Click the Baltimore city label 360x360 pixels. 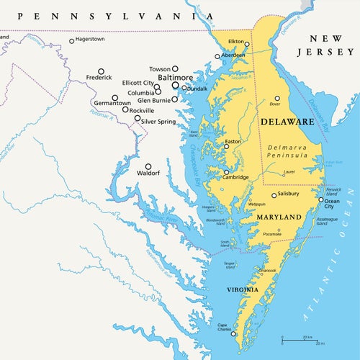pos(176,77)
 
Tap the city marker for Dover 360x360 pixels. pos(276,98)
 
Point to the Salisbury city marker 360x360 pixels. pos(274,195)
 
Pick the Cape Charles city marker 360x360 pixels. pos(233,333)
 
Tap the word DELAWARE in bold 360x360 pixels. pos(287,122)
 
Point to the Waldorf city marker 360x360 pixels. pos(148,166)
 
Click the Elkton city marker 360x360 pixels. pos(246,44)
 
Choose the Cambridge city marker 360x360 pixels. pos(226,172)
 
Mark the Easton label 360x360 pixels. pos(233,142)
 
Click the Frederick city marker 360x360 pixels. pos(101,71)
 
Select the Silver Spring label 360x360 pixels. pos(158,122)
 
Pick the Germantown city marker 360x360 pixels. pos(114,97)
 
